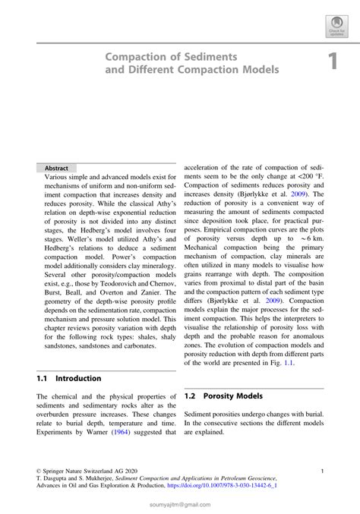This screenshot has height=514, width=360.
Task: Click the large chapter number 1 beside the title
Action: (x=332, y=62)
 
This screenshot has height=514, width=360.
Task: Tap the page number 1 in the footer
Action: (x=324, y=471)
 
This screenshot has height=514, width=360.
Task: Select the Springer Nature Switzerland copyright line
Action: (x=78, y=471)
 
